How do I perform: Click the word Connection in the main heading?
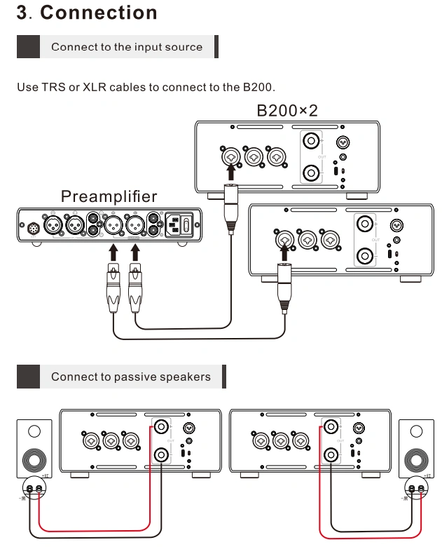point(99,13)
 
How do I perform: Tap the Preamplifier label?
point(109,196)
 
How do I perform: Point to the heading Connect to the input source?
point(127,47)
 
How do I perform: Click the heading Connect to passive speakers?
point(130,377)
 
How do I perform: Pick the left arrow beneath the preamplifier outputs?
point(112,252)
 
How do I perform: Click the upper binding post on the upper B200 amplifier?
point(309,141)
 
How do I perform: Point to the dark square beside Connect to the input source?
point(28,47)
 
